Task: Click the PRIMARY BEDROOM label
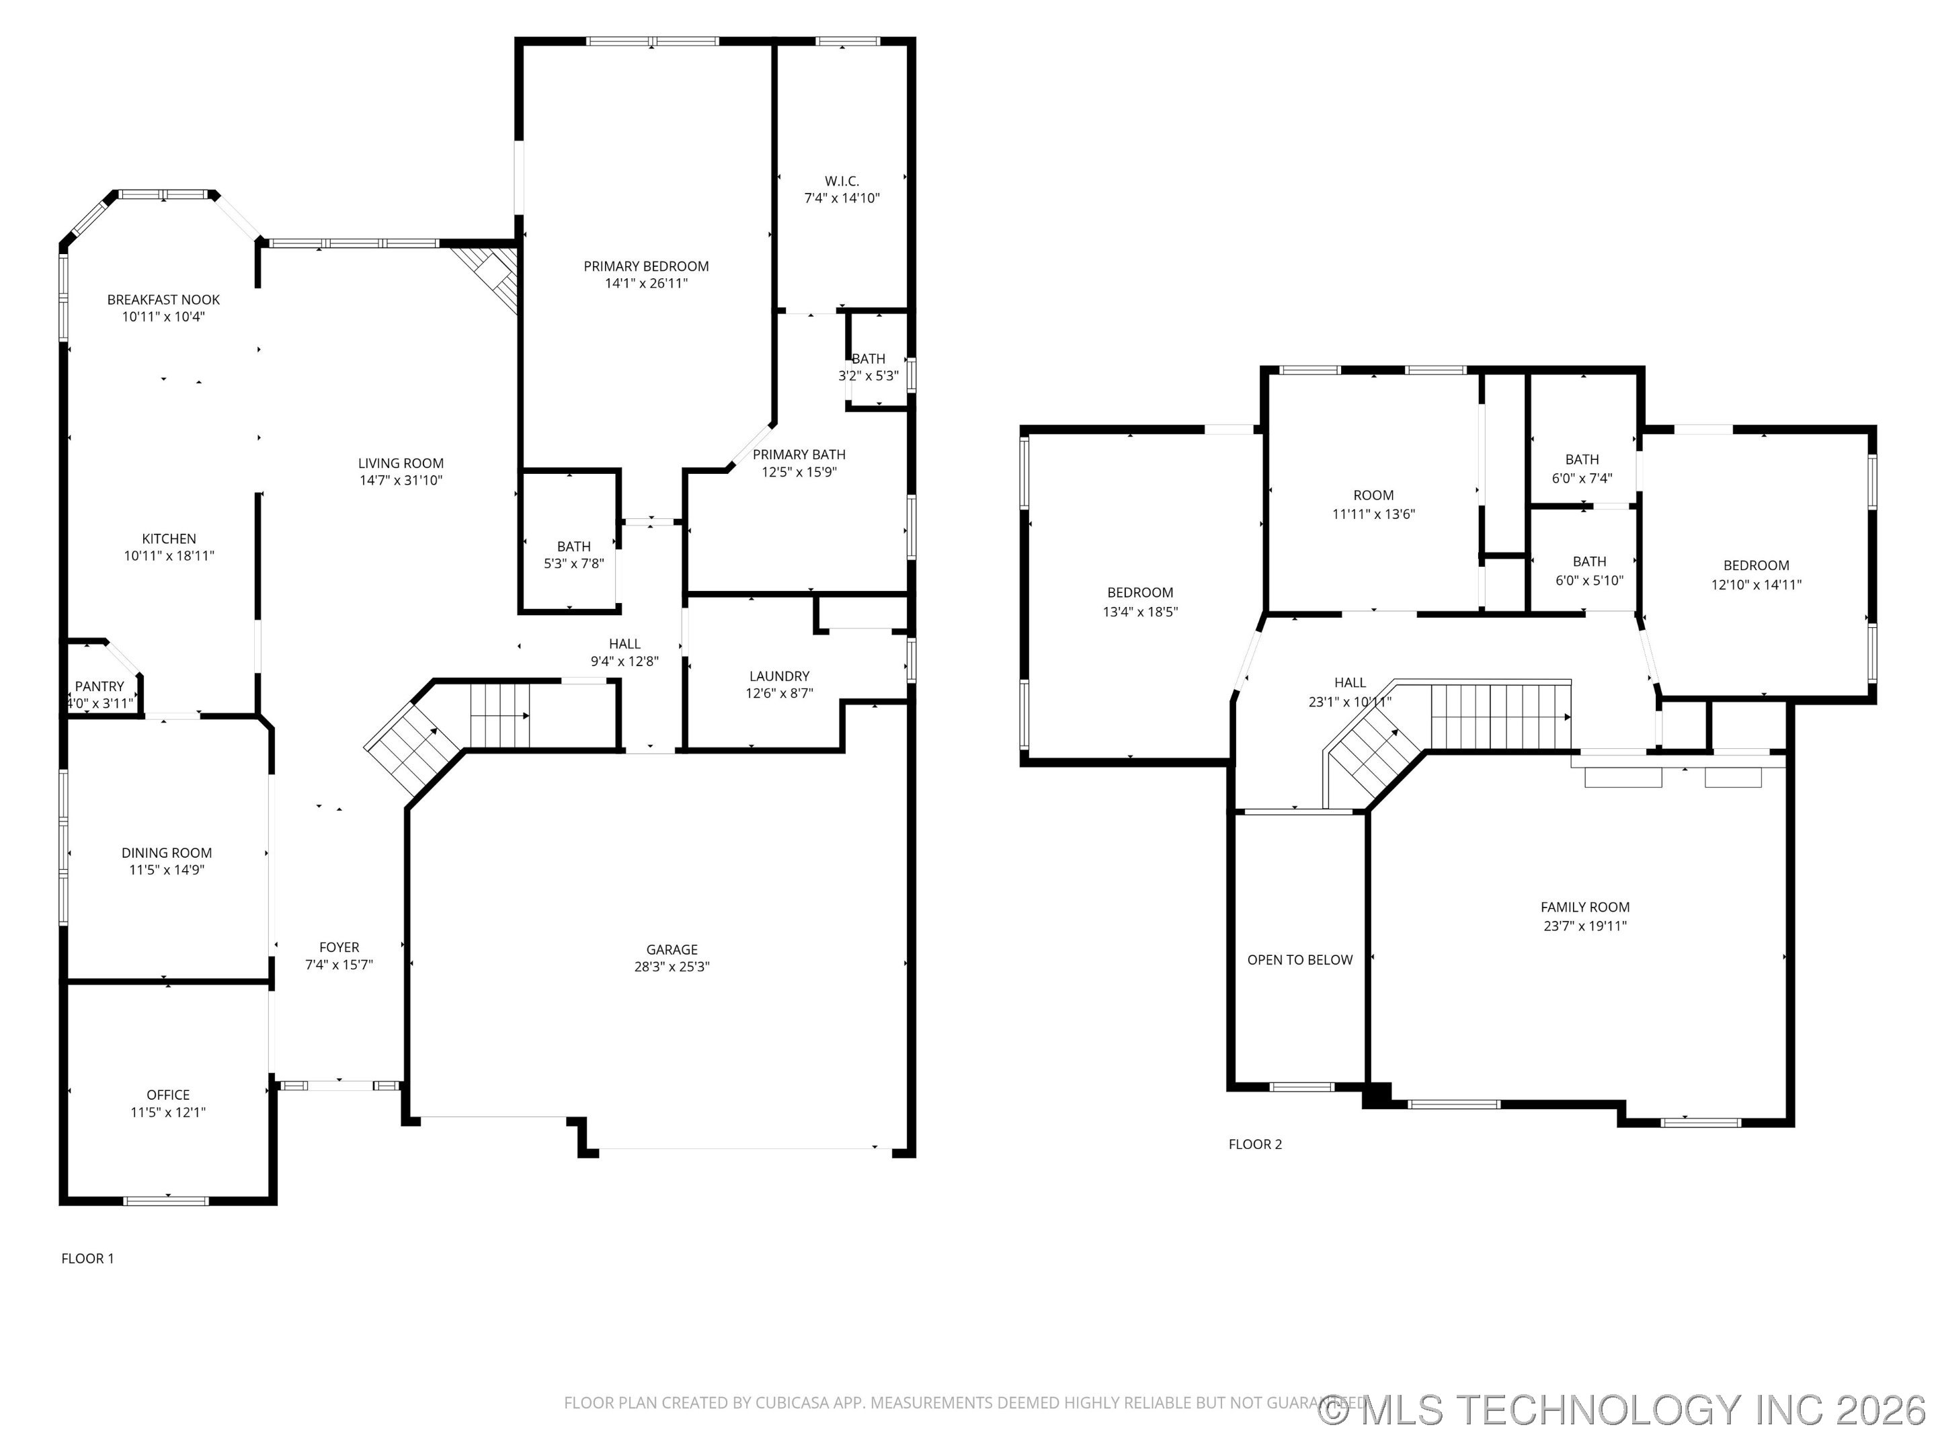click(646, 266)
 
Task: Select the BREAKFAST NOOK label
click(163, 299)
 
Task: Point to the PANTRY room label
click(99, 686)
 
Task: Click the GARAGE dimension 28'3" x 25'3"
click(672, 966)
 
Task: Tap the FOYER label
click(339, 947)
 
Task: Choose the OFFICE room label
click(168, 1095)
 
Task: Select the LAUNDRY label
click(779, 676)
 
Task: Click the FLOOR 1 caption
click(87, 1258)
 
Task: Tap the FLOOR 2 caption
click(1254, 1144)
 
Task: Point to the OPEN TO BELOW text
click(1299, 960)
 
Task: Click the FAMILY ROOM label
click(1584, 908)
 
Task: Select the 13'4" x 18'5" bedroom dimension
click(1139, 612)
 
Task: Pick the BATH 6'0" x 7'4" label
click(1582, 460)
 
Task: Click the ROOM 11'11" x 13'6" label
click(1373, 495)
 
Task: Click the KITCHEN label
click(169, 539)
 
